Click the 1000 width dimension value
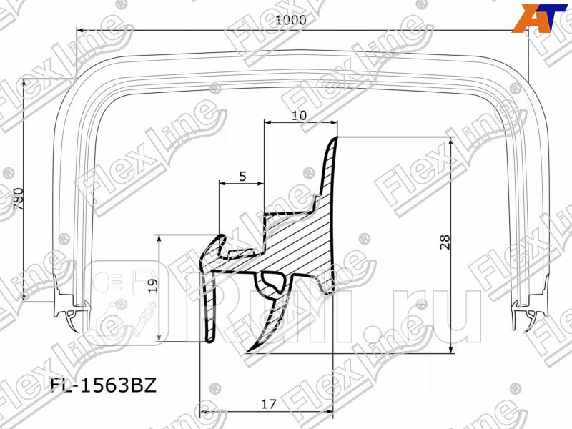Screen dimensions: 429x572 (x=290, y=21)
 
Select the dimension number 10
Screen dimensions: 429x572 (x=300, y=114)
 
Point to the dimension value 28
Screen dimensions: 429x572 (x=446, y=243)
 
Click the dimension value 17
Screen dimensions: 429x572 (x=268, y=403)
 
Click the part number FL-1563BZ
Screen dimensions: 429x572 (x=102, y=387)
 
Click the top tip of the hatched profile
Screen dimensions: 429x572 (x=335, y=139)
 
